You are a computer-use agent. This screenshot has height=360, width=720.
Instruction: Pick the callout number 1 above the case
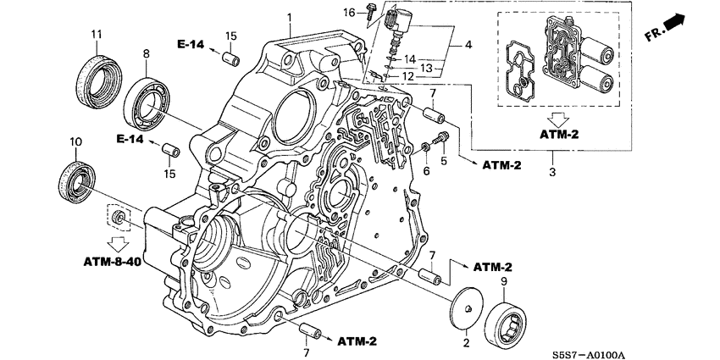point(288,18)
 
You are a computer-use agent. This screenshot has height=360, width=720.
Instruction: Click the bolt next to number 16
point(372,11)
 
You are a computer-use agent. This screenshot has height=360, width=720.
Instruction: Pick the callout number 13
point(429,68)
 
